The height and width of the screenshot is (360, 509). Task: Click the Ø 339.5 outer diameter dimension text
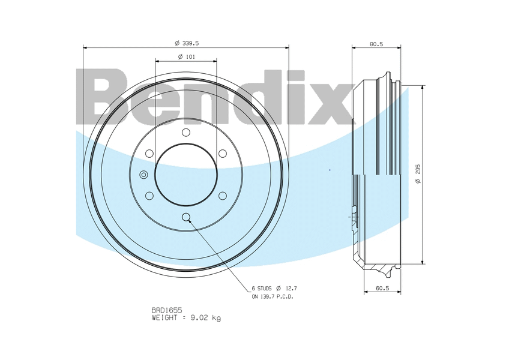pos(187,43)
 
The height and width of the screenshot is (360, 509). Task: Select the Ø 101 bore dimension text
pos(186,57)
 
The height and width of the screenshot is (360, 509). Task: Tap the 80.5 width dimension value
pos(376,44)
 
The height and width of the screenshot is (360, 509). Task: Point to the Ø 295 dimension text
pos(418,174)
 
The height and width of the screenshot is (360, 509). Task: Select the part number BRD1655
pos(167,310)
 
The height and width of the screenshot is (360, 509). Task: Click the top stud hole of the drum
pos(186,132)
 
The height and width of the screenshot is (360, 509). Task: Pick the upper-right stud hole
pos(223,153)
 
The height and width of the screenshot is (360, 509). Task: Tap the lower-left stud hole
pos(149,196)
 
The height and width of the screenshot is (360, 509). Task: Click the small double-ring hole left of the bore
pos(143,175)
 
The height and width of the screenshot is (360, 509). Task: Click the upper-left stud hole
pos(149,153)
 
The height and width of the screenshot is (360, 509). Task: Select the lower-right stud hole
pos(223,196)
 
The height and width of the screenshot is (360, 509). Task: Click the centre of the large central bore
pos(186,174)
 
